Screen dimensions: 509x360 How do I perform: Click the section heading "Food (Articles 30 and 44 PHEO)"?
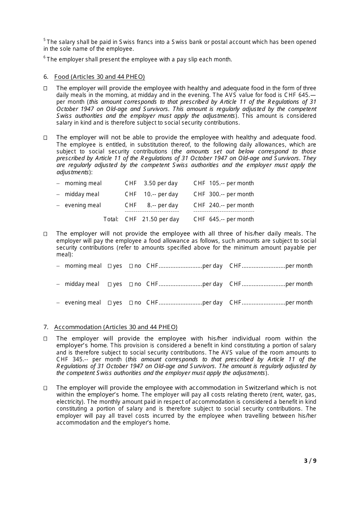(x=99, y=77)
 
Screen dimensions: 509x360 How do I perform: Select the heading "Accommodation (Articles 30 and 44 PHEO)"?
(x=116, y=327)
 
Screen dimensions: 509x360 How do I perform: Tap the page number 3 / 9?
(x=310, y=461)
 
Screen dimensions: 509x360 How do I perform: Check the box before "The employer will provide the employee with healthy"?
(x=45, y=89)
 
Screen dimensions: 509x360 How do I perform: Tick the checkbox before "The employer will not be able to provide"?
(x=45, y=138)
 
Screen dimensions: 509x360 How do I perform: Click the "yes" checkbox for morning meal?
(x=110, y=266)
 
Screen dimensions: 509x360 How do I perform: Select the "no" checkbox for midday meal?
(x=131, y=284)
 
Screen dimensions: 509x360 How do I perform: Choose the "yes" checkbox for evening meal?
(x=110, y=303)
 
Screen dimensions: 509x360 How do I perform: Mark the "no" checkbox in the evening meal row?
(x=131, y=303)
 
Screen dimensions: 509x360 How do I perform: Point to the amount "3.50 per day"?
(x=161, y=183)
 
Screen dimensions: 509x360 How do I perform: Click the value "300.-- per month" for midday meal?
(x=231, y=194)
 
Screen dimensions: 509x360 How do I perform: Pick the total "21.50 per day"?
(x=161, y=219)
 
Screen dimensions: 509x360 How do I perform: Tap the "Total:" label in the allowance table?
(x=111, y=219)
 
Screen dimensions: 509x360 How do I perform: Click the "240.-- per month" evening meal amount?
(x=231, y=205)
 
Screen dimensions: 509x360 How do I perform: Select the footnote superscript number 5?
(x=45, y=40)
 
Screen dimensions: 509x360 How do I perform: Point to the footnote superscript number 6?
(x=45, y=57)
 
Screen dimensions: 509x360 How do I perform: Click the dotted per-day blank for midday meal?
(x=180, y=284)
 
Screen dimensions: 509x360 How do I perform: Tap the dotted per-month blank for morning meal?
(x=264, y=266)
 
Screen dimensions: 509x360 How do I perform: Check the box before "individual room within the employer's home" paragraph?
(x=45, y=339)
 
